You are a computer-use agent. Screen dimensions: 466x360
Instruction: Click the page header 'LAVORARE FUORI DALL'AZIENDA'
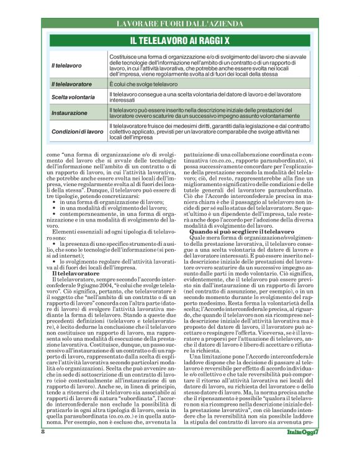point(179,24)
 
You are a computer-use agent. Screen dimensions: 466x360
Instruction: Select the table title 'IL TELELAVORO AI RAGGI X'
point(179,40)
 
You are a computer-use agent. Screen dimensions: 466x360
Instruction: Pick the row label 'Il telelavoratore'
point(71,83)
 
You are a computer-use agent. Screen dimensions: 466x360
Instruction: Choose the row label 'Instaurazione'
point(70,114)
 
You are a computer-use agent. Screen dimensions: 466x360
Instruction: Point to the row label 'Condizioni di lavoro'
point(78,132)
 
